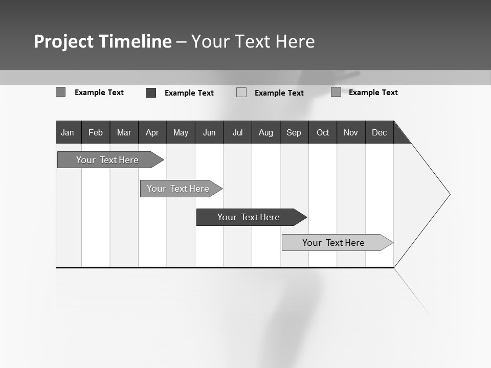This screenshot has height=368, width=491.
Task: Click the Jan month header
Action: pos(68,133)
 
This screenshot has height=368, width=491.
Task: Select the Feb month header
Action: pos(96,133)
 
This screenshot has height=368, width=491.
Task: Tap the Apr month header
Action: pos(152,133)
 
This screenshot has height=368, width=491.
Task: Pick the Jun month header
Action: pos(209,133)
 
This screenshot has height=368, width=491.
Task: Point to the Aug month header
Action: pos(266,133)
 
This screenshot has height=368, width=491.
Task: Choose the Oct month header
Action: pos(323,133)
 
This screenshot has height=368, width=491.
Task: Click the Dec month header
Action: pos(380,133)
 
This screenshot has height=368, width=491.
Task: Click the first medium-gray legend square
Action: pos(61,92)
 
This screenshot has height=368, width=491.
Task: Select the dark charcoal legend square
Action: pos(151,93)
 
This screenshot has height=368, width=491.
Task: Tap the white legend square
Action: pos(241,93)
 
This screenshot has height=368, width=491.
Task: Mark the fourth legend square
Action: pos(336,92)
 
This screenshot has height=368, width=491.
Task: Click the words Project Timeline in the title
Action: pos(103,41)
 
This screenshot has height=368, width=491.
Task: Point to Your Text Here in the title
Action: pos(253,41)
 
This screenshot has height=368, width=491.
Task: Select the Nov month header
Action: pos(351,133)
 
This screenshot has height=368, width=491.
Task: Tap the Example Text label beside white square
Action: pos(279,93)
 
